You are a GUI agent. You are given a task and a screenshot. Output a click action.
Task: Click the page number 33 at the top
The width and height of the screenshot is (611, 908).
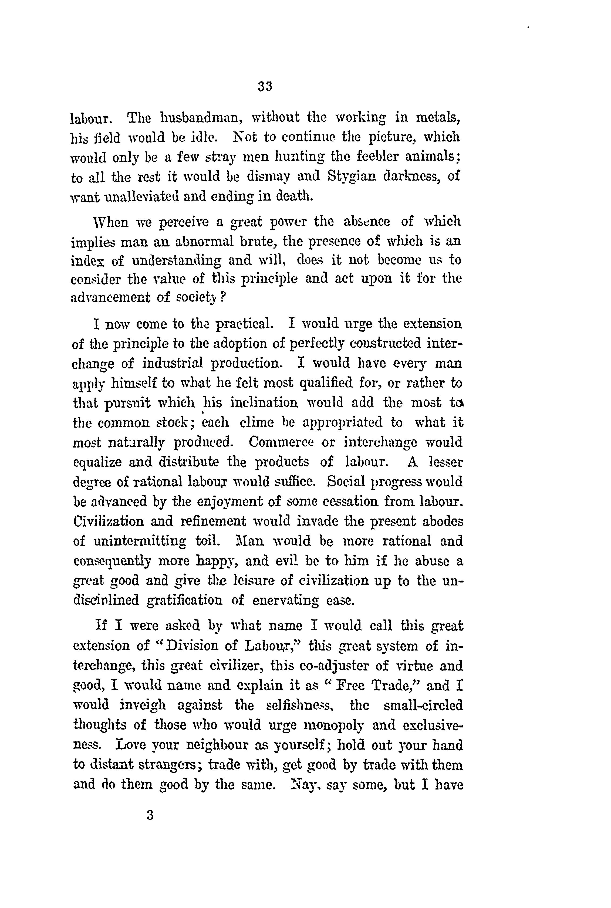click(265, 86)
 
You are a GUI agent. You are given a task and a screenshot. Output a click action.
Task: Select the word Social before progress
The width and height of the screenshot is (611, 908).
click(346, 482)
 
